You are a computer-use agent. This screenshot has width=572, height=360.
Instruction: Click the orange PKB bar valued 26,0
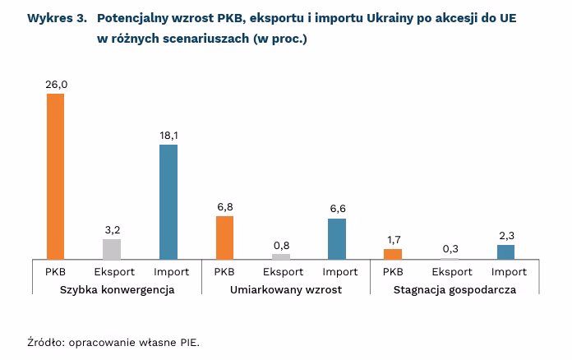55,177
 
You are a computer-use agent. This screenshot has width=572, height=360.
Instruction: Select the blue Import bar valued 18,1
168,202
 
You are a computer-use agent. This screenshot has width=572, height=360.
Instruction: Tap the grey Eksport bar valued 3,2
112,249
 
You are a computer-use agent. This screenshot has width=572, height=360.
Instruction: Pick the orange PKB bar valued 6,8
224,238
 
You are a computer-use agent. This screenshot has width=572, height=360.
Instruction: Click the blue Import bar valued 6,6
337,238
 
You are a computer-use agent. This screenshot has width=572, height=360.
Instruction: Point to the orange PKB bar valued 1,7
393,254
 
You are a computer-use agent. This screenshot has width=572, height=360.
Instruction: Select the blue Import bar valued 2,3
505,252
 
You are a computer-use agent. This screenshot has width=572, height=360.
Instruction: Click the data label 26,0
56,84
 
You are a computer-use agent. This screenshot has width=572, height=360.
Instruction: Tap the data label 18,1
168,135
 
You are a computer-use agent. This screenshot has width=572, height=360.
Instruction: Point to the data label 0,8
281,245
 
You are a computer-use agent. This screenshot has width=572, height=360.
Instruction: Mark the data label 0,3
450,249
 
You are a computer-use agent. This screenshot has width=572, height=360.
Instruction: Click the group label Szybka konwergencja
118,290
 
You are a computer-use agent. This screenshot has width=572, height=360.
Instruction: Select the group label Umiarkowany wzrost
286,290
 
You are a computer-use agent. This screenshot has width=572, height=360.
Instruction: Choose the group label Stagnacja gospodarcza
454,290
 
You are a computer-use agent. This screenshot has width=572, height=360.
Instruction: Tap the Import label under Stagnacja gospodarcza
509,271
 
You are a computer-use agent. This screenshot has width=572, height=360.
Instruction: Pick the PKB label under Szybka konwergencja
56,271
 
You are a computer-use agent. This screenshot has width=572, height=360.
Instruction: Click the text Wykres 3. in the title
57,18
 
